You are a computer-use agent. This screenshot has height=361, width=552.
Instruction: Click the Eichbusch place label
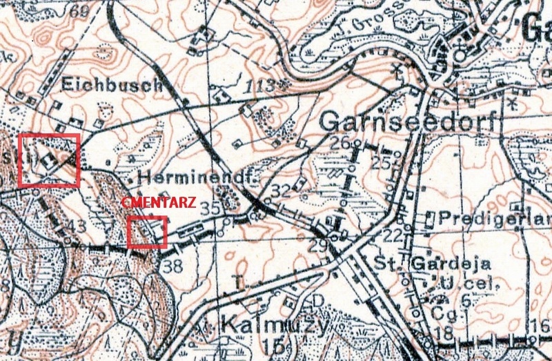(x=111, y=85)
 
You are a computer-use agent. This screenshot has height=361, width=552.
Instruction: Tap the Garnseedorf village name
(x=408, y=122)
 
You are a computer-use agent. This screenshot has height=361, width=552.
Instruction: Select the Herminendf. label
(x=197, y=177)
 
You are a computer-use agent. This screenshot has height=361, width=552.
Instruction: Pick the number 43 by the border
(x=77, y=225)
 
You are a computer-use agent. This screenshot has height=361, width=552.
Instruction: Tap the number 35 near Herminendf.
(x=210, y=207)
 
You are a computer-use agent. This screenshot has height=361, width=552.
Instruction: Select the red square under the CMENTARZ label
(x=148, y=232)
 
